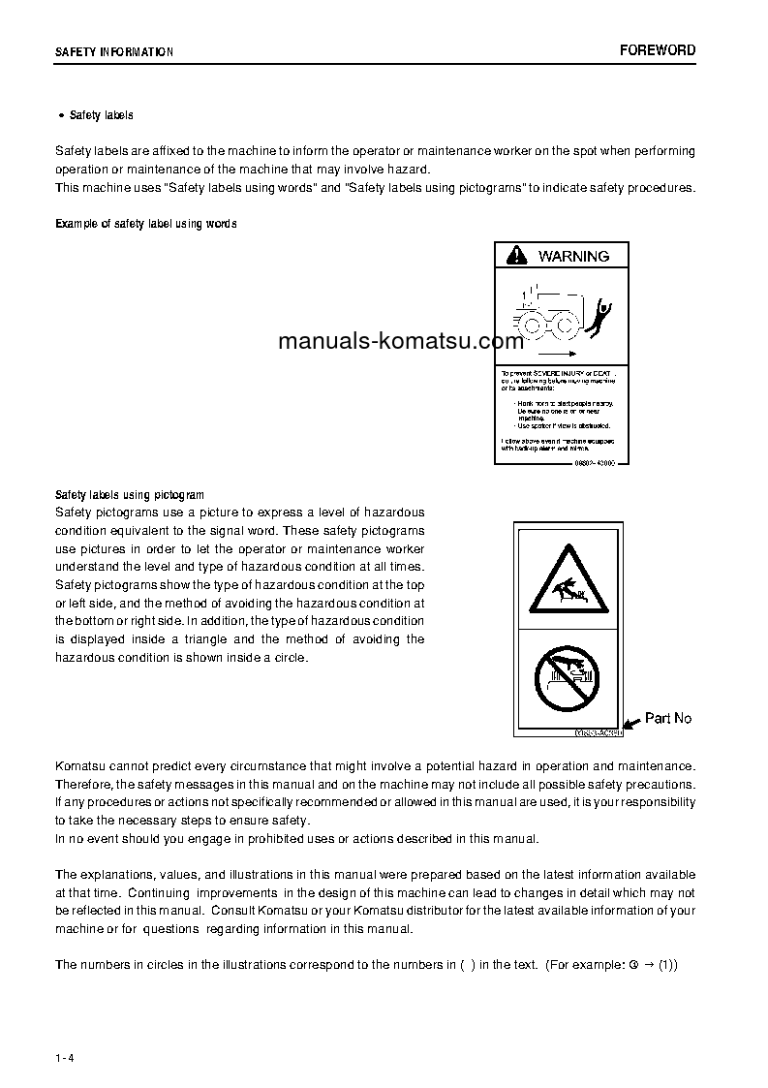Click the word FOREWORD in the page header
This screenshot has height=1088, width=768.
point(658,50)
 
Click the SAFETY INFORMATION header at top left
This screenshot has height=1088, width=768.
point(114,52)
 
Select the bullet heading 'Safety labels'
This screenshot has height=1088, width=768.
point(101,115)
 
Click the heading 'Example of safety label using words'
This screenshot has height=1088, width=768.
point(146,224)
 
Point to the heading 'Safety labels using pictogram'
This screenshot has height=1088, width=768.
point(130,494)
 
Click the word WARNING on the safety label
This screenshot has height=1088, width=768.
point(573,256)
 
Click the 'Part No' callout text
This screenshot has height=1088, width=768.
point(668,718)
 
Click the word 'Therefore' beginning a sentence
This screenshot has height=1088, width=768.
point(85,784)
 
